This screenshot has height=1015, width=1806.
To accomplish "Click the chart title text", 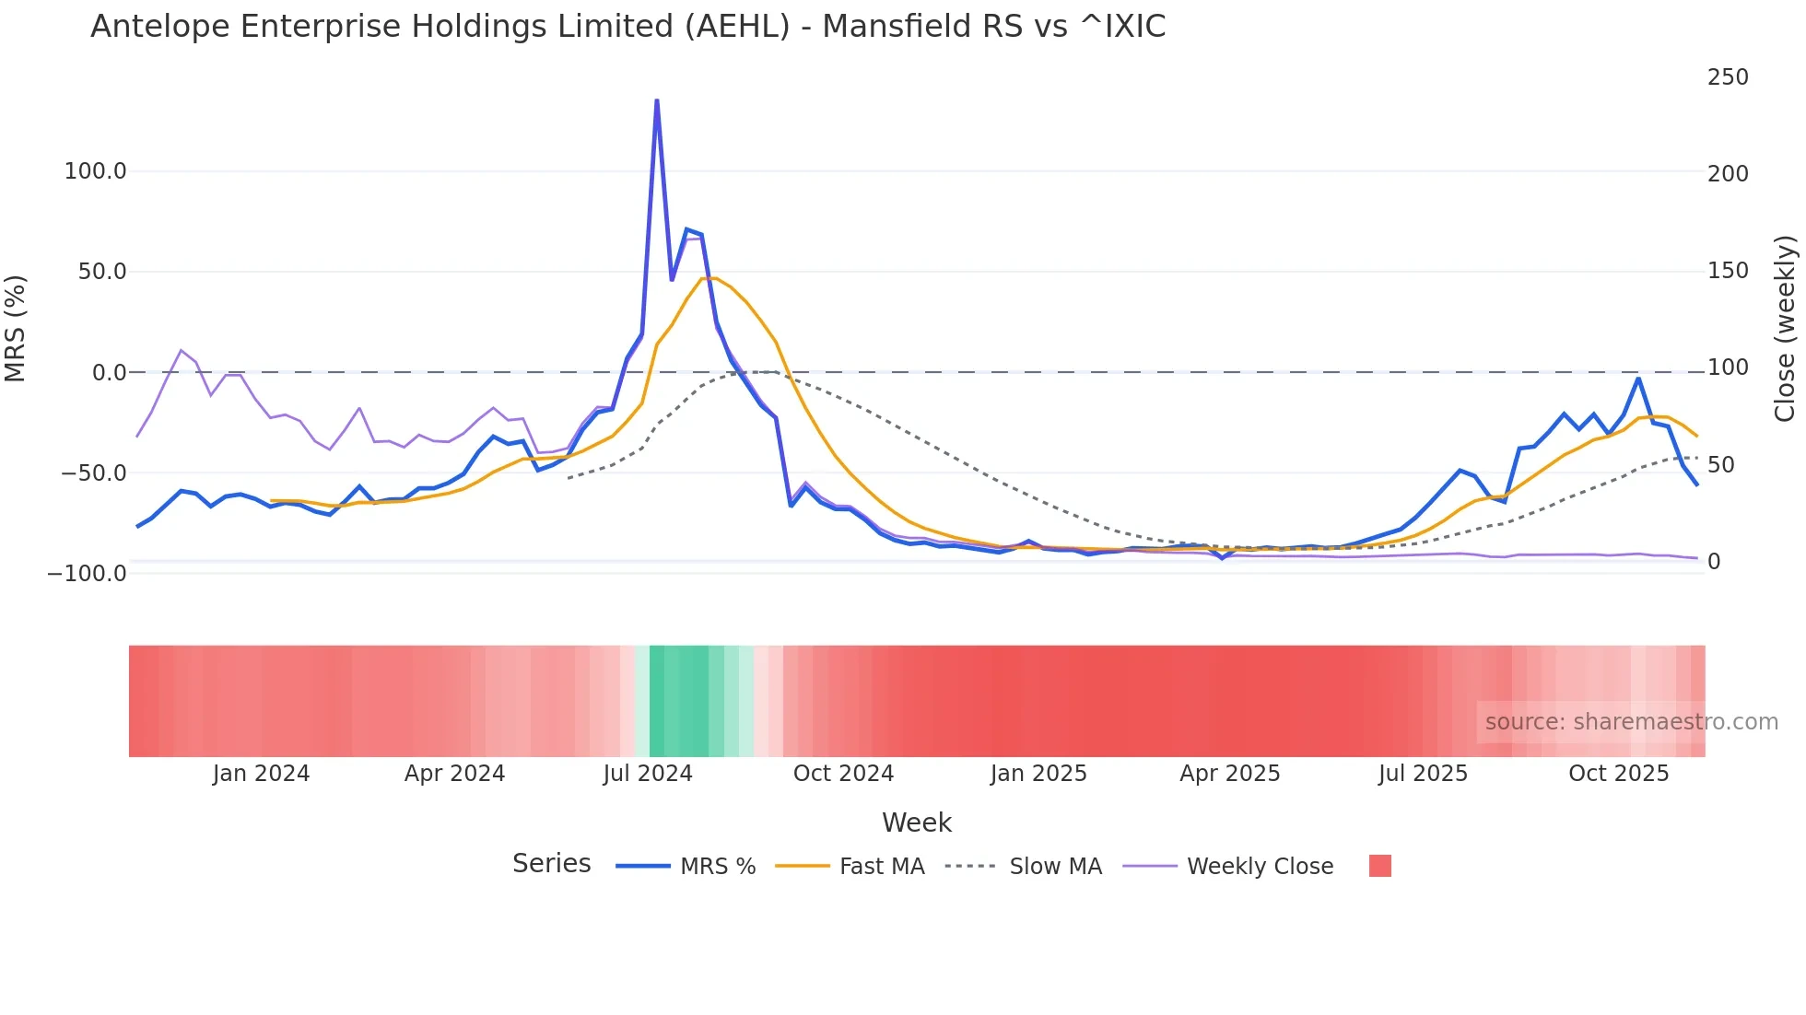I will click(627, 27).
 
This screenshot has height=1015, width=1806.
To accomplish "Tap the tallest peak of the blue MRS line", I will click(656, 101).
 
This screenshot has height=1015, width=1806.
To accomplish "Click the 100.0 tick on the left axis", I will click(95, 171).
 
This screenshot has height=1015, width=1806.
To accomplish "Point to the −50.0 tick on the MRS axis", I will click(93, 473).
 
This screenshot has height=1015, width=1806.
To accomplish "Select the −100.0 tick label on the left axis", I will click(88, 574).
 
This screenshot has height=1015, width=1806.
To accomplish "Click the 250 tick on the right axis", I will click(1727, 77).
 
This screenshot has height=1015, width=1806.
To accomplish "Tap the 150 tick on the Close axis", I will click(1727, 271).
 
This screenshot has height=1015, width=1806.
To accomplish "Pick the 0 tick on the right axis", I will click(1713, 562).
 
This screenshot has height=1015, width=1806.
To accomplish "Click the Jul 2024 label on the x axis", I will click(648, 774).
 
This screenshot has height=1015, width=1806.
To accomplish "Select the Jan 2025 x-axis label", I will click(1038, 774).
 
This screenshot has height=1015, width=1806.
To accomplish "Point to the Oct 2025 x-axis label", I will click(1618, 774).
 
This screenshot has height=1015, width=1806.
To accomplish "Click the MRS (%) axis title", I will click(16, 328).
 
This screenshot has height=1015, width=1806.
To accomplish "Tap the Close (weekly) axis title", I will click(1785, 329).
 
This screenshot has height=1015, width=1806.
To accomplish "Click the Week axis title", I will click(916, 822).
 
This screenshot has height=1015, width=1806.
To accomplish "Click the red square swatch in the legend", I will click(1379, 866).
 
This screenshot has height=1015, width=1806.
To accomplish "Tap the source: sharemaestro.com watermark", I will click(1631, 722).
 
